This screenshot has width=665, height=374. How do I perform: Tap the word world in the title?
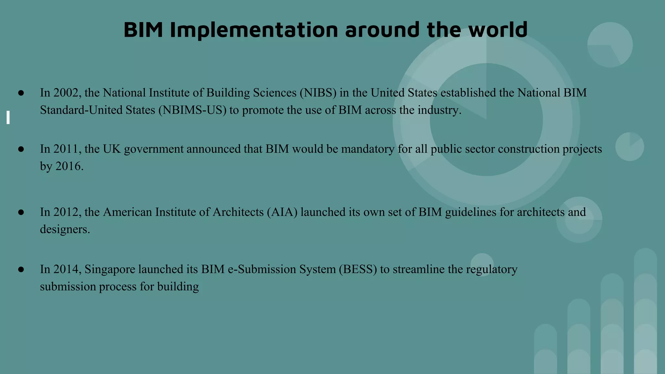pyautogui.click(x=498, y=30)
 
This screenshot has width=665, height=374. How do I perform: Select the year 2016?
pyautogui.click(x=69, y=166)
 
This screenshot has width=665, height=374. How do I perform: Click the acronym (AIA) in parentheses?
pyautogui.click(x=282, y=212)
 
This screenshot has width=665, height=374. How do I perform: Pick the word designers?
pyautogui.click(x=65, y=229)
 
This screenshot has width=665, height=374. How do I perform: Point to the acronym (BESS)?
pyautogui.click(x=358, y=269)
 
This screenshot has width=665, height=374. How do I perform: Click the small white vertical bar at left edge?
pyautogui.click(x=8, y=117)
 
